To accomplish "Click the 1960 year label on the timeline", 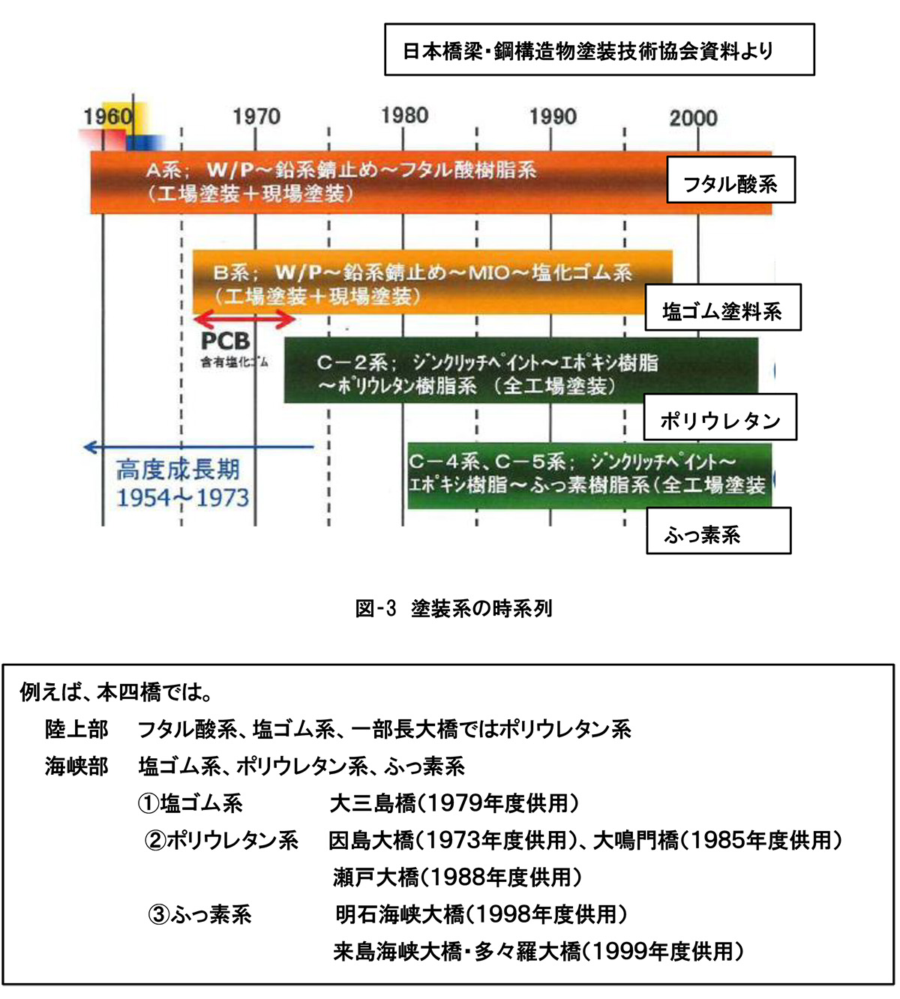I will point(108,116).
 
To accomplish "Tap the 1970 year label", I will point(256,116).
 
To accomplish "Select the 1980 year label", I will point(404,115).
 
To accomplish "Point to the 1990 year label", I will point(553,116).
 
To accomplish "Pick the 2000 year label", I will point(693,118).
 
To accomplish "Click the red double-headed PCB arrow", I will point(244,320).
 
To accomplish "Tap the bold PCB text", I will point(225,342).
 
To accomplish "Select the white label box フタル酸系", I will point(730,181).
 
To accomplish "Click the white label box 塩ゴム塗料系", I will point(723,308).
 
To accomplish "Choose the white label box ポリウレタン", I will point(720,418).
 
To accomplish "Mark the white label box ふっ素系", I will point(718,532).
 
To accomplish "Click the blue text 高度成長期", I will point(178,470).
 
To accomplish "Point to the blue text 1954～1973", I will point(183,497).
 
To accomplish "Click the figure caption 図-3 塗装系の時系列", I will point(454,608).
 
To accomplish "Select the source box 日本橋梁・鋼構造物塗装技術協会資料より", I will point(599,50).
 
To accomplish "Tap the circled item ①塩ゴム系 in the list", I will point(190,804).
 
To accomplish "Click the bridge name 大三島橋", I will point(373,804).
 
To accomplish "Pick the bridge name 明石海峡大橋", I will point(400,915).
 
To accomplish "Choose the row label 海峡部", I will point(76,766).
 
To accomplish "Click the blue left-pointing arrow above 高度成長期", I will point(198,448).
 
